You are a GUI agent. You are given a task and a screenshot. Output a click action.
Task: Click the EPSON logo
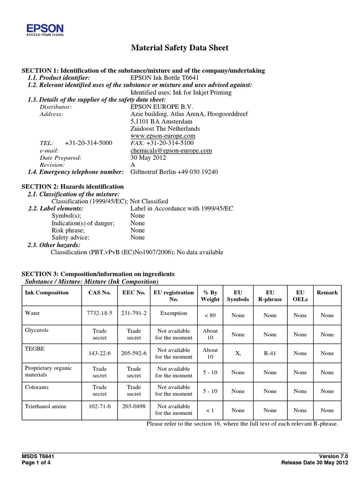click(x=45, y=29)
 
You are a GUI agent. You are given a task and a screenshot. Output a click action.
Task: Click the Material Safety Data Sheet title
click(x=179, y=48)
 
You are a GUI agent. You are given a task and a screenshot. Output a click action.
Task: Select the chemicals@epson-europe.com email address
click(x=171, y=150)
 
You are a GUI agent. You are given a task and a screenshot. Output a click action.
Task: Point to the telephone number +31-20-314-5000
click(x=89, y=143)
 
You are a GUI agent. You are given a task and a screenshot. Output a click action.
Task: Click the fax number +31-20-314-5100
click(x=170, y=143)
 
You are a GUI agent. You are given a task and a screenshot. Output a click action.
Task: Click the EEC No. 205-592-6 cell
click(x=134, y=353)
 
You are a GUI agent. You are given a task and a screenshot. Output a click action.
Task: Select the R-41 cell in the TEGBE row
click(x=270, y=353)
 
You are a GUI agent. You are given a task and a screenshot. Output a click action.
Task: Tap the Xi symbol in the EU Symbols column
click(x=238, y=353)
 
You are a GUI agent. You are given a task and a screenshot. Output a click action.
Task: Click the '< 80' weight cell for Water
click(x=210, y=315)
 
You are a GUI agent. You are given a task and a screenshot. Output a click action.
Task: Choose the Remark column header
click(x=327, y=292)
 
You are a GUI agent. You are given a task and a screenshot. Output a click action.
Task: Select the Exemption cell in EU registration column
click(x=173, y=314)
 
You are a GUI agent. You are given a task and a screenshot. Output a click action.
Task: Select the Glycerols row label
click(x=37, y=330)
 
